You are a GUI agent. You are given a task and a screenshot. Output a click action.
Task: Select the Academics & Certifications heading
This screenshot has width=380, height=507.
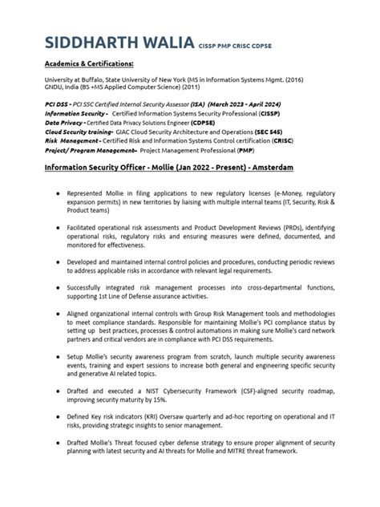coord(88,63)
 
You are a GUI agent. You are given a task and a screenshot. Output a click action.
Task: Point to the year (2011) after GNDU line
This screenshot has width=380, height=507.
coord(185,88)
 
